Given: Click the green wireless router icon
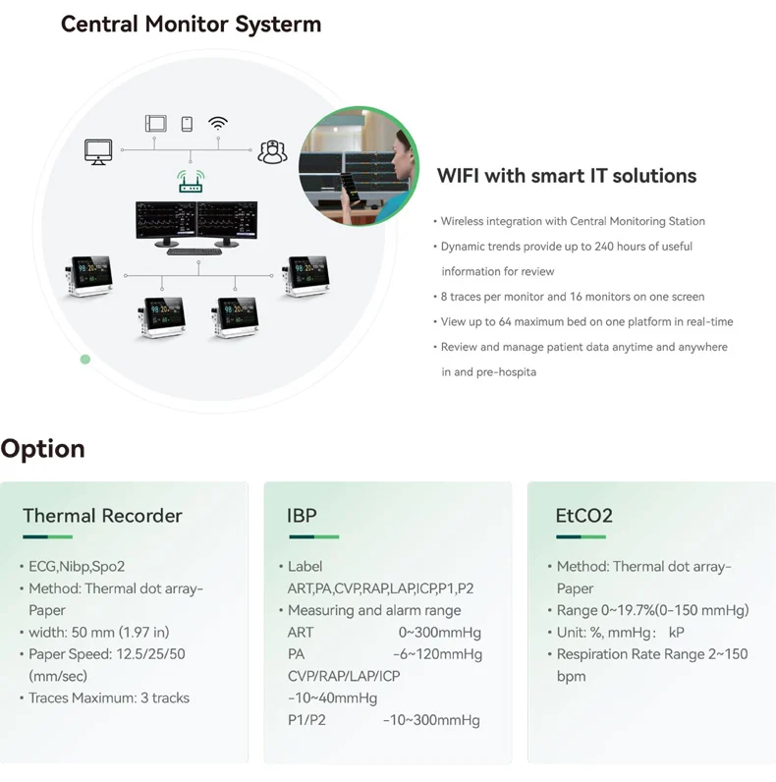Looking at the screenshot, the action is [x=191, y=181].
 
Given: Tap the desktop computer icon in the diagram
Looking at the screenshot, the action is [x=98, y=152].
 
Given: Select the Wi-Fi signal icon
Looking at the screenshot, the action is [x=218, y=123].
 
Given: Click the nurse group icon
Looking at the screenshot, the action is [x=272, y=152].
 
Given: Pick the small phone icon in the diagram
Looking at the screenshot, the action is [x=187, y=124].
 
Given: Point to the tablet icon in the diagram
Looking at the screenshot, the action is [x=155, y=123].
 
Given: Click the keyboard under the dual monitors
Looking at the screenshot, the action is [x=194, y=251].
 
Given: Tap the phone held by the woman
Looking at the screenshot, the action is [x=350, y=187].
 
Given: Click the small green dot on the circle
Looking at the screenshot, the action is [x=85, y=360].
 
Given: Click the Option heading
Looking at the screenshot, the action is [x=43, y=449].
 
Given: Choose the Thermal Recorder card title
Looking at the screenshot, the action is [x=102, y=516].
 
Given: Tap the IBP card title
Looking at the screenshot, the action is [x=302, y=516].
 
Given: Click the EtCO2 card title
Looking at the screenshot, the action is [x=584, y=516].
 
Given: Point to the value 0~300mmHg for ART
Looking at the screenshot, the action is [x=439, y=633].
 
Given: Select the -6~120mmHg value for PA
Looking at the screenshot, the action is [x=437, y=654].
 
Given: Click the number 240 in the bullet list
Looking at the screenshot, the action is [x=604, y=247].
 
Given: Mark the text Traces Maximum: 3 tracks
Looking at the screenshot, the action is [x=109, y=698].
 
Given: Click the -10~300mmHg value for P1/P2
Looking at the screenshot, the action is [x=431, y=720].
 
